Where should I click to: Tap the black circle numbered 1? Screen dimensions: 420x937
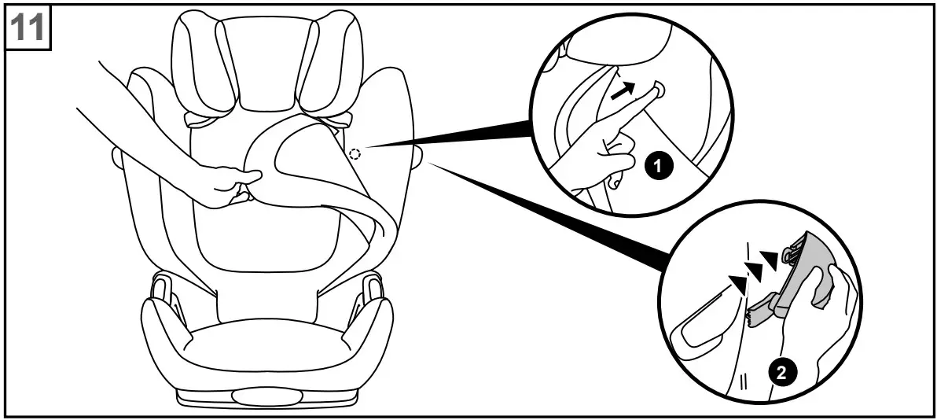[x=659, y=166]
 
